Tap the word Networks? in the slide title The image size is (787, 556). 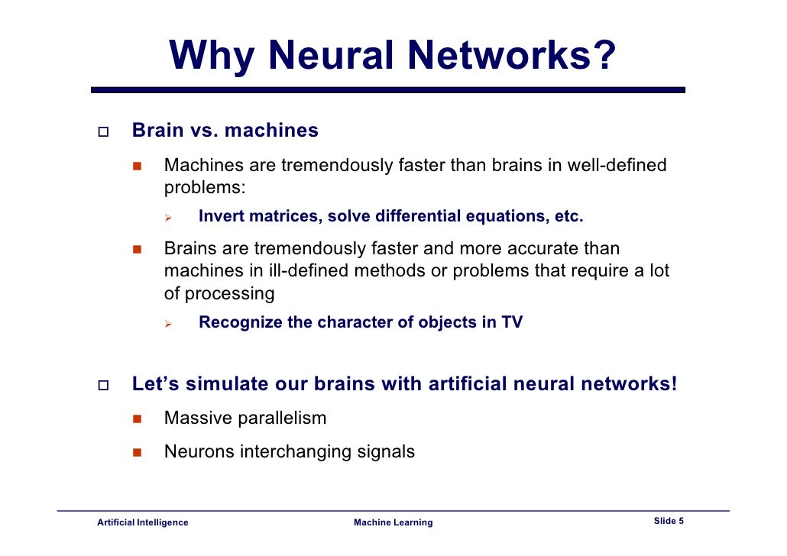click(511, 55)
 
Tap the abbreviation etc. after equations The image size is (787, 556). click(568, 216)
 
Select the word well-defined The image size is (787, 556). click(617, 166)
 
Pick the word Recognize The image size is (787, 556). click(240, 322)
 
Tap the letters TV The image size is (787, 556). click(512, 322)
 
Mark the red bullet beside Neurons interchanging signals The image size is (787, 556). click(138, 452)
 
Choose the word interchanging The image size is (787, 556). click(296, 452)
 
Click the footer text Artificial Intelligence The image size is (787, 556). click(142, 522)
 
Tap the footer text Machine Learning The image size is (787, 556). click(393, 522)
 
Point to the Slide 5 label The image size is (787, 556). click(669, 521)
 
